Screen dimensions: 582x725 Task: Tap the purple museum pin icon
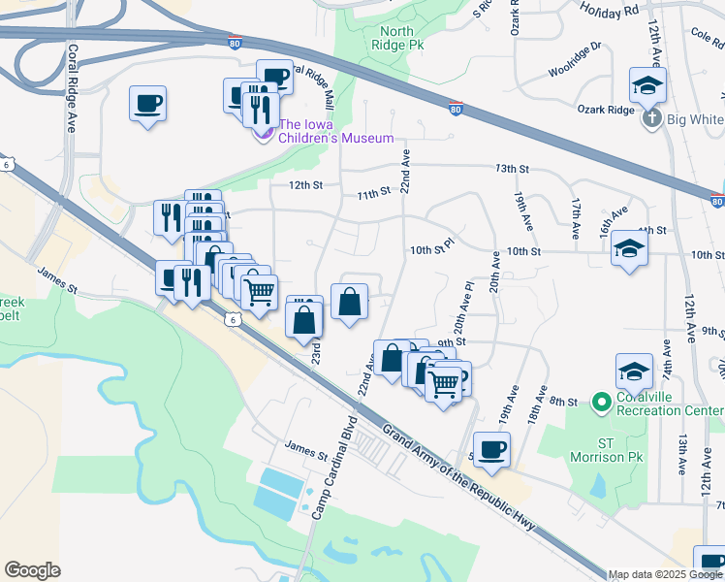(262, 130)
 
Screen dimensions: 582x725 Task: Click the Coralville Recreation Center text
(669, 401)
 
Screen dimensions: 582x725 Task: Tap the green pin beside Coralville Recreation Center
(601, 401)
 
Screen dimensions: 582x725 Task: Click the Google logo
(32, 570)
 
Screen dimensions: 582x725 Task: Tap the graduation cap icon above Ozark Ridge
(646, 85)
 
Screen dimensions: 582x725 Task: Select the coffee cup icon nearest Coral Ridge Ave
(148, 103)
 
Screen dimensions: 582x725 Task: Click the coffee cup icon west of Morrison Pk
(491, 449)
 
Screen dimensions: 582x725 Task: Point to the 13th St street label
(511, 169)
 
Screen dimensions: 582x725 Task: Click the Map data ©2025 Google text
(665, 574)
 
